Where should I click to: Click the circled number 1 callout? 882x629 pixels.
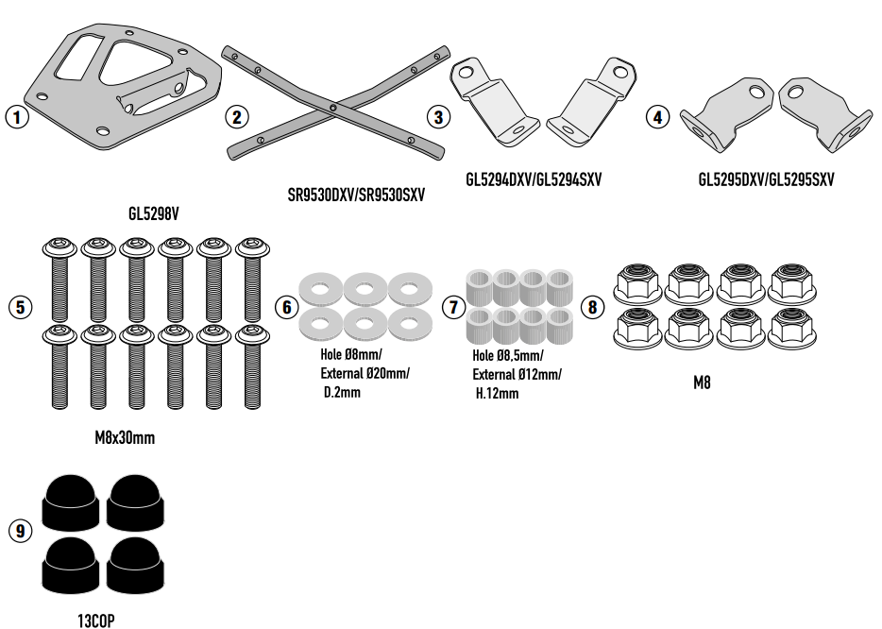click(17, 118)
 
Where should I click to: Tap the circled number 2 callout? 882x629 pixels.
click(237, 117)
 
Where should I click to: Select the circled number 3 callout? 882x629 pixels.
click(437, 117)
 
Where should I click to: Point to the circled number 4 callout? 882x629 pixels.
click(658, 117)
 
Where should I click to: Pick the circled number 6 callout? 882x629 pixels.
click(287, 307)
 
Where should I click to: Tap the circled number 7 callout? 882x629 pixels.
click(453, 307)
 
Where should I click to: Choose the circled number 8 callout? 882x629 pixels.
click(592, 307)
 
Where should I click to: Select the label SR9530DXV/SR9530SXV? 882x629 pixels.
click(356, 195)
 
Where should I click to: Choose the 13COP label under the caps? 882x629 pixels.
click(97, 620)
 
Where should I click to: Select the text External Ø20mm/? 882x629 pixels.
click(365, 374)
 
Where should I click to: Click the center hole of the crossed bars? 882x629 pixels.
click(333, 109)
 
